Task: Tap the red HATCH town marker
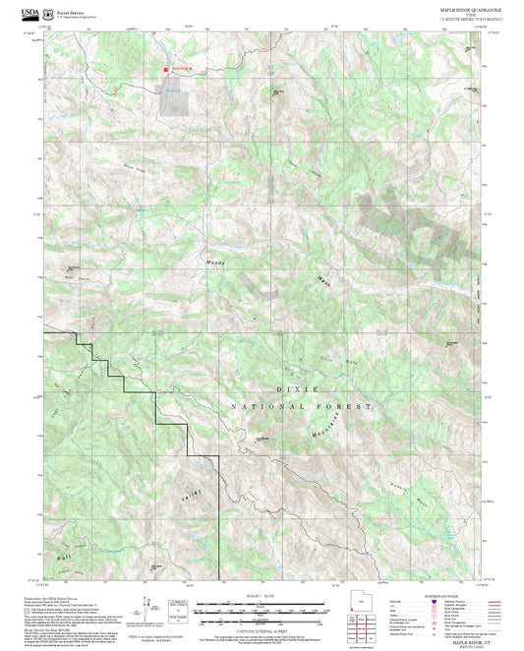pyautogui.click(x=165, y=70)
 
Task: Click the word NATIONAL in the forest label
pyautogui.click(x=266, y=405)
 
